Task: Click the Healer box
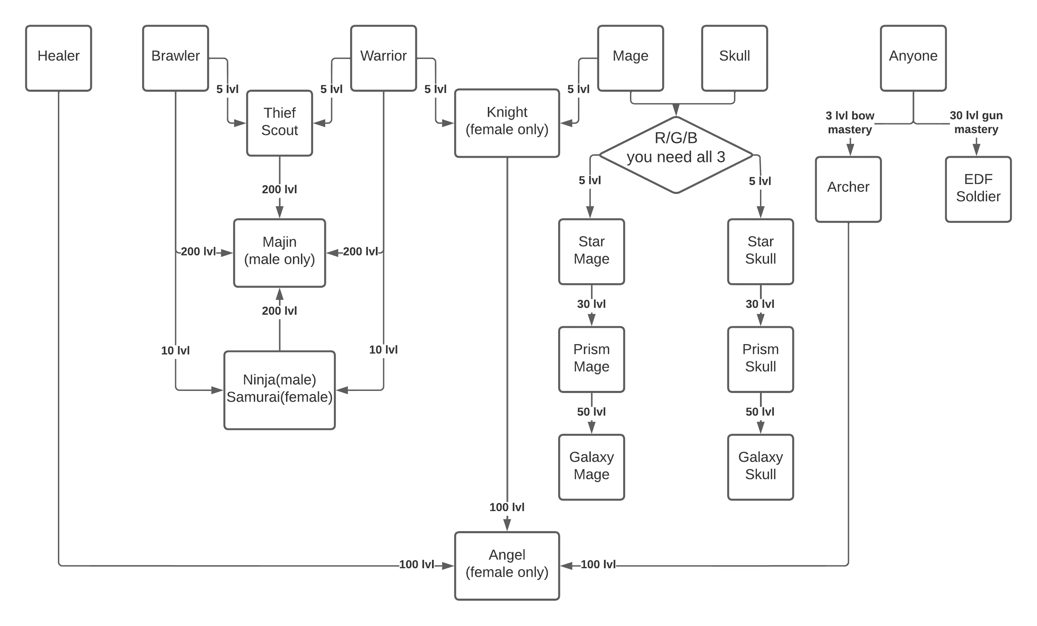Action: point(59,58)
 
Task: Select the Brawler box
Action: point(175,58)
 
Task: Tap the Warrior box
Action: point(383,58)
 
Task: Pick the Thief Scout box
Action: point(279,123)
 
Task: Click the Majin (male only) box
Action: point(279,253)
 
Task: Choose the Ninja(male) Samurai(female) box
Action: point(279,390)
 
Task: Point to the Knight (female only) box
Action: point(507,123)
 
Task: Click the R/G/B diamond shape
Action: point(676,155)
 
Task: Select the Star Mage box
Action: point(591,251)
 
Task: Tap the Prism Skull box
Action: point(760,359)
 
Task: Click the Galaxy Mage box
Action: point(591,467)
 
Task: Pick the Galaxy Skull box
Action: point(760,467)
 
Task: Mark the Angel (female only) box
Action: point(507,565)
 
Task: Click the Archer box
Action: point(848,189)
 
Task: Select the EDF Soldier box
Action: point(978,189)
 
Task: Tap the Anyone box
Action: point(913,58)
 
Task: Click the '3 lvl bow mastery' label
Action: point(850,122)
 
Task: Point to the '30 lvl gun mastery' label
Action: point(976,122)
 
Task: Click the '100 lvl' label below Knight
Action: point(507,507)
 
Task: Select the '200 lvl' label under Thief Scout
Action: point(279,189)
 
